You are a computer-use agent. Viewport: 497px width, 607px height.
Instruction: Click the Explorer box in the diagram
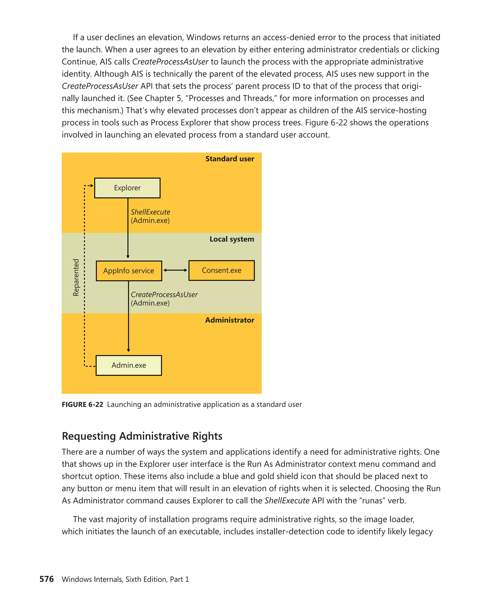point(127,188)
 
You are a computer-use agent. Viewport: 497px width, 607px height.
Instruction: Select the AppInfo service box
point(129,271)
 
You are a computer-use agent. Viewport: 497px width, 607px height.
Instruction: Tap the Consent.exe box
point(221,270)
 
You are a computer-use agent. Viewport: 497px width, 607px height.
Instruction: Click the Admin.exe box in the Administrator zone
point(129,365)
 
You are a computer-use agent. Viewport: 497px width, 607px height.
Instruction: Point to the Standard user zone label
point(230,159)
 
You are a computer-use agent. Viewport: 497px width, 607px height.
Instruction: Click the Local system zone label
point(232,239)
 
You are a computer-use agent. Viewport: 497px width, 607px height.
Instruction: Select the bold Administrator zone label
point(229,320)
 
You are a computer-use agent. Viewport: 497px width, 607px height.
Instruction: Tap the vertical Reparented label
point(76,277)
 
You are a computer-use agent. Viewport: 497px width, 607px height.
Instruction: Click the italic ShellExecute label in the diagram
point(150,212)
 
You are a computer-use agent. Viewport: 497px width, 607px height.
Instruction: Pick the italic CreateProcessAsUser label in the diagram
point(164,295)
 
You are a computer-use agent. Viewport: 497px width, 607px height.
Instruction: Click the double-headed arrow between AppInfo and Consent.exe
point(175,270)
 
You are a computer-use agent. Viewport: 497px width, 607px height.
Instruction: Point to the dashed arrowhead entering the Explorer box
point(92,186)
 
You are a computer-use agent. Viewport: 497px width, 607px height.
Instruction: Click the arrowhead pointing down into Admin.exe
point(129,350)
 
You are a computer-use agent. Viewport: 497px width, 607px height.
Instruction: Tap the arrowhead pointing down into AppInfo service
point(128,257)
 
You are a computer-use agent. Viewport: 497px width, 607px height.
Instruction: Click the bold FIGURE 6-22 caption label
point(83,405)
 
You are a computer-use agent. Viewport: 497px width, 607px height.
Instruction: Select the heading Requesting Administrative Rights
point(142,436)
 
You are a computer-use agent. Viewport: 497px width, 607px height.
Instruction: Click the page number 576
point(47,579)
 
